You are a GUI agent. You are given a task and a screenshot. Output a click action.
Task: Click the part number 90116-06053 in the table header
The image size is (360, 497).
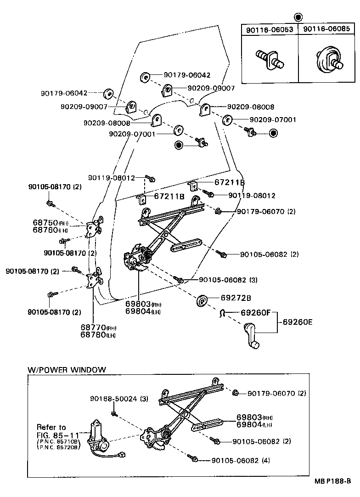pyautogui.click(x=270, y=29)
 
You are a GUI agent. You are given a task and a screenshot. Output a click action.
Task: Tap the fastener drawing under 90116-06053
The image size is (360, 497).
pyautogui.click(x=269, y=59)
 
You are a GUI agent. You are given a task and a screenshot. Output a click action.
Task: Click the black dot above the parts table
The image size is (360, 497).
pyautogui.click(x=298, y=17)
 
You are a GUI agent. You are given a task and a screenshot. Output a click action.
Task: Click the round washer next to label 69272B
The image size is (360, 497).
pyautogui.click(x=202, y=301)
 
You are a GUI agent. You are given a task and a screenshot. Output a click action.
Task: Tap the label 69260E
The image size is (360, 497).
pyautogui.click(x=297, y=322)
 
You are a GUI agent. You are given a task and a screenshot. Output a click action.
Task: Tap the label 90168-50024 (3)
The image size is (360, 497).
pyautogui.click(x=118, y=399)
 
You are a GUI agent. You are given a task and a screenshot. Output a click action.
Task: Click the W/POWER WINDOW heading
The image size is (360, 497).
pyautogui.click(x=67, y=369)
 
